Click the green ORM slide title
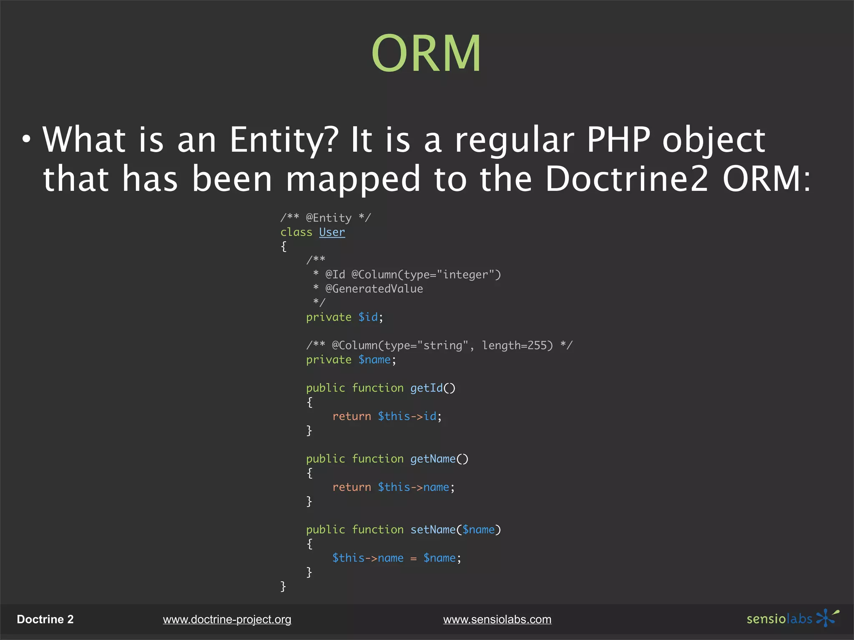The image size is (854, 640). point(426,54)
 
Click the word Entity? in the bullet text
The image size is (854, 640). point(284,140)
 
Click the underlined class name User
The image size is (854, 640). point(332,232)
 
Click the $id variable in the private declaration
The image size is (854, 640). point(368,317)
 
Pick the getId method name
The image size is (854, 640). point(426,388)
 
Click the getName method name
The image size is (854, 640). point(433,459)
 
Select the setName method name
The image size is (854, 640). point(433,530)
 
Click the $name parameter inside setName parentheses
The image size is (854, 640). point(478,530)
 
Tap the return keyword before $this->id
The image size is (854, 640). point(352,416)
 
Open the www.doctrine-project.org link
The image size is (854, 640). point(227,620)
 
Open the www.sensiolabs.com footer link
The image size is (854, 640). point(497,620)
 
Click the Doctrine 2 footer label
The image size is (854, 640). point(45,620)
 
